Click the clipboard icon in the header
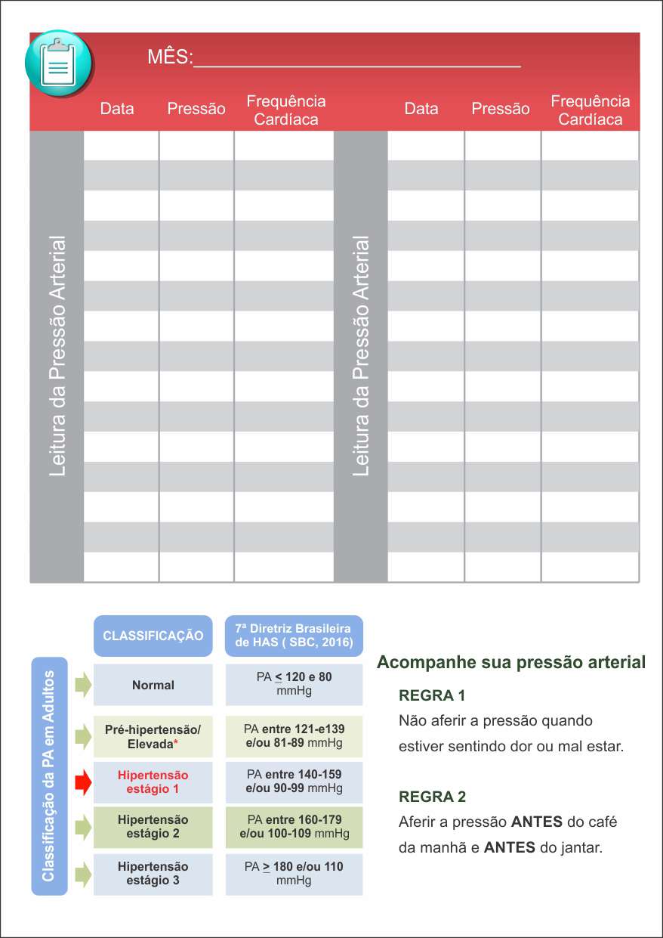point(59,63)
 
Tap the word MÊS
point(169,57)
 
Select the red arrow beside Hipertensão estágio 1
point(83,782)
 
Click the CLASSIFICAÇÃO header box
point(153,636)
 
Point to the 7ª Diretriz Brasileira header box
point(294,636)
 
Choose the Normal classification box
point(153,686)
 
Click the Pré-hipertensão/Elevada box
point(153,737)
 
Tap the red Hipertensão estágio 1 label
point(153,782)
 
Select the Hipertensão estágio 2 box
point(153,827)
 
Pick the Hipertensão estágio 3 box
point(153,874)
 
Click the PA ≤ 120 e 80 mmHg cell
point(294,684)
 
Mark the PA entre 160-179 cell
point(294,827)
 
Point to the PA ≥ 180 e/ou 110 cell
point(294,874)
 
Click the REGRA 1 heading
point(432,695)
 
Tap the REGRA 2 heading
point(432,797)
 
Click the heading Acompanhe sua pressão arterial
point(511,663)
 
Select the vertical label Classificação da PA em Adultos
point(49,775)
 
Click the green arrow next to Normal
point(83,686)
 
